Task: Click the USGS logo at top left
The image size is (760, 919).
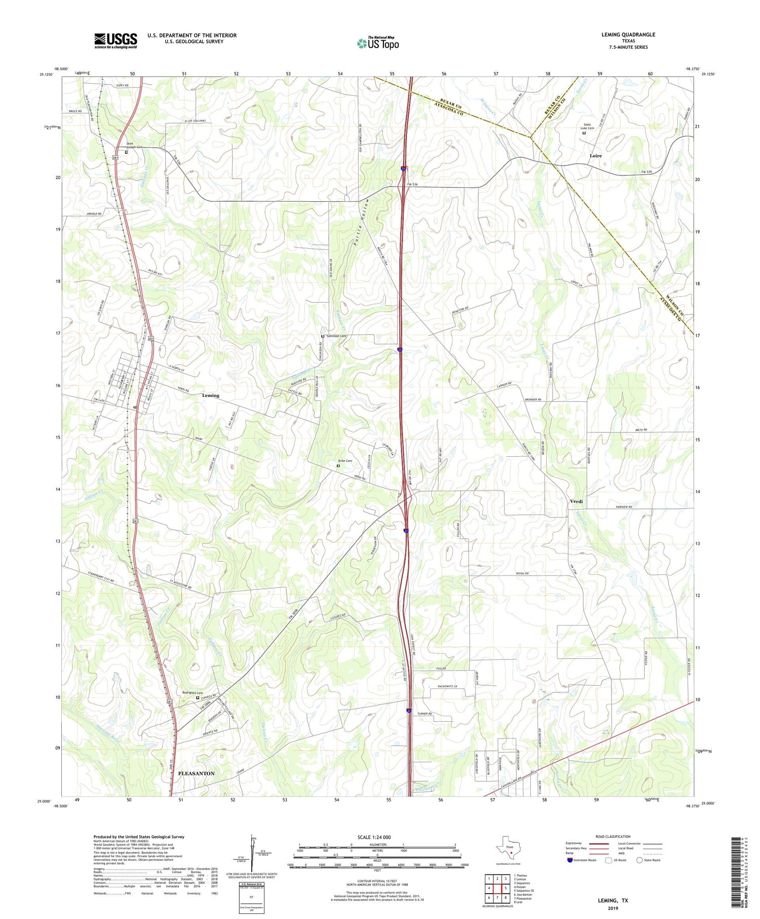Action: coord(116,41)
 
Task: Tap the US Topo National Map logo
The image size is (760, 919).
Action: coord(377,43)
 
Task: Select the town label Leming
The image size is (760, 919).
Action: coord(210,395)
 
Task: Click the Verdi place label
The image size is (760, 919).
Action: coord(576,501)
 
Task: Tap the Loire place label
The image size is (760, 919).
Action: coord(595,156)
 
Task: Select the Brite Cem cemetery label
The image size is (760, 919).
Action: coord(345,461)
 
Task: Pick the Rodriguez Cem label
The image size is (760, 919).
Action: coord(193,693)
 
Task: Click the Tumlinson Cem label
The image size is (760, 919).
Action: coord(336,336)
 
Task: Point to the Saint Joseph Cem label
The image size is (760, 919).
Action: coord(134,145)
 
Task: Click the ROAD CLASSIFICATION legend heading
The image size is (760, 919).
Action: coord(613,836)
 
